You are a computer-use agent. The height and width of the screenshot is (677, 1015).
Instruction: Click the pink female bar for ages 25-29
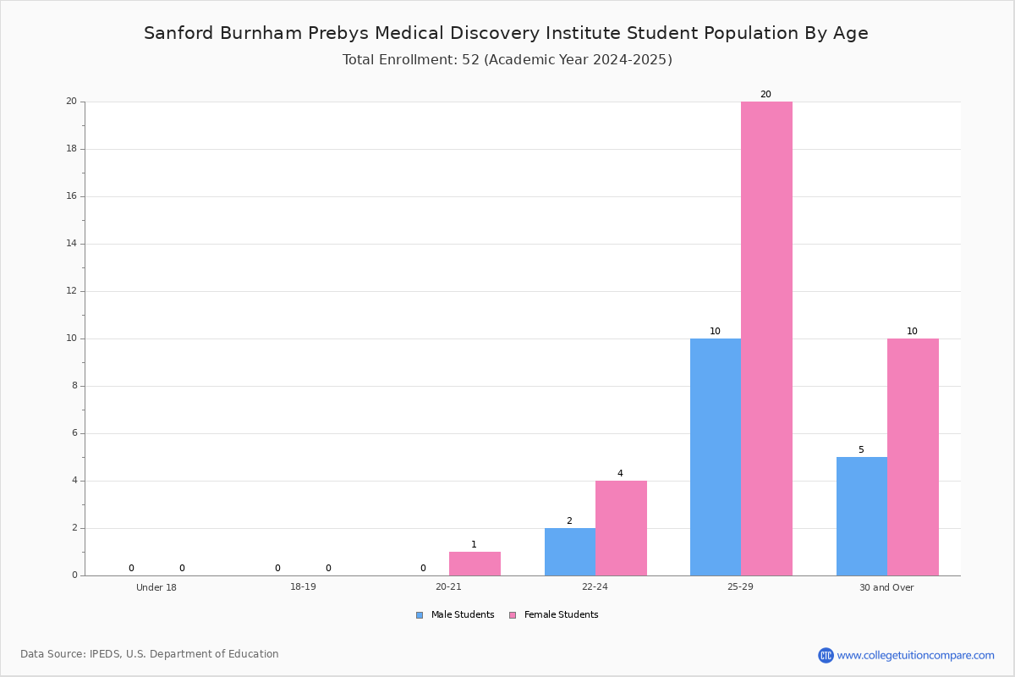pyautogui.click(x=766, y=338)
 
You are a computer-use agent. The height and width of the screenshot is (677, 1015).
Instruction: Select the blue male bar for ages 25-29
pyautogui.click(x=716, y=457)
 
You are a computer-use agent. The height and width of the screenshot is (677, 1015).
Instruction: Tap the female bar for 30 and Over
pyautogui.click(x=913, y=457)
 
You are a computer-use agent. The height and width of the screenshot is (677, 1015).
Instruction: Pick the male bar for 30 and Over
pyautogui.click(x=862, y=516)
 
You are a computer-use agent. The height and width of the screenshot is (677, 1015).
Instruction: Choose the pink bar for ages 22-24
pyautogui.click(x=621, y=528)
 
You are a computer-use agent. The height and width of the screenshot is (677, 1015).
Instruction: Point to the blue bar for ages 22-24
pyautogui.click(x=570, y=552)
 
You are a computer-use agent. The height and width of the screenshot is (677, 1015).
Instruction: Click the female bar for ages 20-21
pyautogui.click(x=475, y=564)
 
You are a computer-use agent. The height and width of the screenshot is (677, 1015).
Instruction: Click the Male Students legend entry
pyautogui.click(x=455, y=615)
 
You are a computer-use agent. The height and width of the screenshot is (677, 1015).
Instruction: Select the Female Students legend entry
pyautogui.click(x=554, y=615)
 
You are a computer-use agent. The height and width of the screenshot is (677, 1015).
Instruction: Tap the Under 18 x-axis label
pyautogui.click(x=156, y=587)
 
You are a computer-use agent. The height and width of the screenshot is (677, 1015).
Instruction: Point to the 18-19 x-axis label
pyautogui.click(x=303, y=586)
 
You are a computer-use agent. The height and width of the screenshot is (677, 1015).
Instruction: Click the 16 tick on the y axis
pyautogui.click(x=72, y=195)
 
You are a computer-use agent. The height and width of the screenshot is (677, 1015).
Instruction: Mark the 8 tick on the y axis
pyautogui.click(x=74, y=385)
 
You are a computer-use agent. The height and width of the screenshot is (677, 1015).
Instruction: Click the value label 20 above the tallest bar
pyautogui.click(x=765, y=94)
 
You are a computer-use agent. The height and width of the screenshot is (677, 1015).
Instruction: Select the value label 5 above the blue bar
pyautogui.click(x=861, y=450)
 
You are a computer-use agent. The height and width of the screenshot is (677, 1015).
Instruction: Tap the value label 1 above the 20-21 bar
pyautogui.click(x=474, y=545)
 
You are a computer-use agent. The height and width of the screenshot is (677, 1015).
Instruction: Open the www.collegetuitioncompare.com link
pyautogui.click(x=916, y=655)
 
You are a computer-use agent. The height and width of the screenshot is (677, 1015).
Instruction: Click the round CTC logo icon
pyautogui.click(x=826, y=655)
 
